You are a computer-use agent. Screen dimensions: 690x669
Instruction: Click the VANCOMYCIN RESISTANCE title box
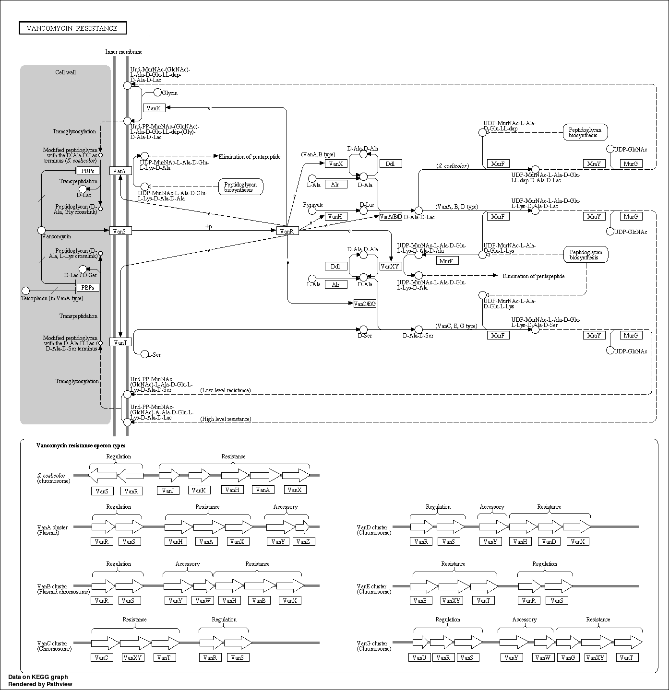(72, 28)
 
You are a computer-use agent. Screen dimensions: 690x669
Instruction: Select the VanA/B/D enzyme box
(391, 217)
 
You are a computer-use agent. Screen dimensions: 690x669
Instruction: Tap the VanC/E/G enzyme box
(365, 304)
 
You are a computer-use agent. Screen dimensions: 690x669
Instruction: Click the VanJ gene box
(167, 491)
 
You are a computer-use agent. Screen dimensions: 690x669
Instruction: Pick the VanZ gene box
(303, 541)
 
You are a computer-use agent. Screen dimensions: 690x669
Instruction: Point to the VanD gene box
(549, 541)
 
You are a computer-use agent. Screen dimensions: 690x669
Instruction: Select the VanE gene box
(419, 600)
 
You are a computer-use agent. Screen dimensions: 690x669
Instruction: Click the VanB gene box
(259, 600)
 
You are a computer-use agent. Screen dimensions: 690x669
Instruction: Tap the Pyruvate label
(313, 205)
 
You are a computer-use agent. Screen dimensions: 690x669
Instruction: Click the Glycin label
(169, 93)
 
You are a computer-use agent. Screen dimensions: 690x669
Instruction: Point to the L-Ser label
(154, 355)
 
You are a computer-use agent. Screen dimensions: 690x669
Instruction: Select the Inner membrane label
(124, 52)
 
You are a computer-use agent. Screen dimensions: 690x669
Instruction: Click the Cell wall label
(65, 72)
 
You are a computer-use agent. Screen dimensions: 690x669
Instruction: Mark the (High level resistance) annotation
(226, 419)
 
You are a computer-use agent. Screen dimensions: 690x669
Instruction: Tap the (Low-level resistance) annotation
(225, 390)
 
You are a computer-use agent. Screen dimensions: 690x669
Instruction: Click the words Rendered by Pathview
(40, 684)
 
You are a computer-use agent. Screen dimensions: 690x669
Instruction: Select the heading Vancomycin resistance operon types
(81, 445)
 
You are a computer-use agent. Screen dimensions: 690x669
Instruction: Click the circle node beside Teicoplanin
(26, 291)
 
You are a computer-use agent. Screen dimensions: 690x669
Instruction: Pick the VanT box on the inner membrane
(120, 342)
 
